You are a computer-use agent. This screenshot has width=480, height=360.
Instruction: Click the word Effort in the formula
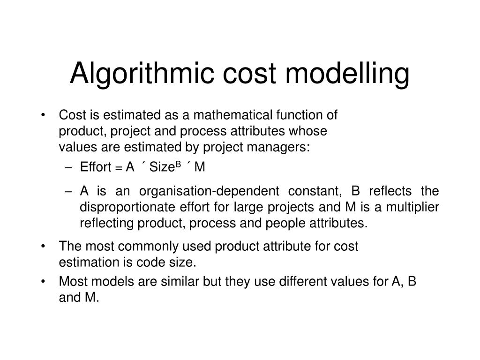coord(95,167)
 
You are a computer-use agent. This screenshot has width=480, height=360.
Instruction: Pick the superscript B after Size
coord(178,165)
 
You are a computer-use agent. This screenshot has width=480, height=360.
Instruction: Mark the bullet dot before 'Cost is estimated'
coord(44,115)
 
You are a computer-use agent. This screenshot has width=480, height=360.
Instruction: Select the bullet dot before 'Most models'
coord(44,282)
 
